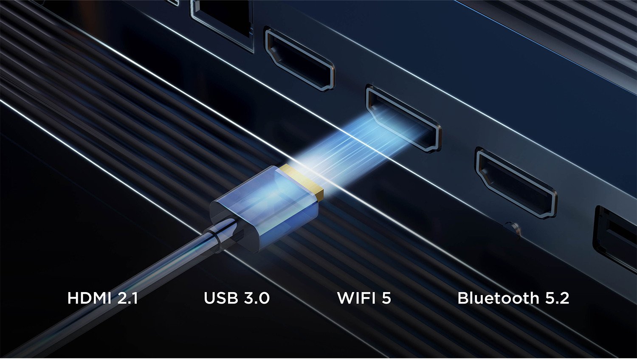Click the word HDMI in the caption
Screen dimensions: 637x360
pyautogui.click(x=89, y=298)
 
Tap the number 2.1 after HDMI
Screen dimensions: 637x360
pyautogui.click(x=127, y=298)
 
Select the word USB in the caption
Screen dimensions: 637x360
pyautogui.click(x=220, y=298)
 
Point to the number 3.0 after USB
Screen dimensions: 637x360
pyautogui.click(x=255, y=298)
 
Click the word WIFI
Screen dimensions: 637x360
pyautogui.click(x=356, y=298)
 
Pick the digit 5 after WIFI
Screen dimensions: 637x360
pyautogui.click(x=386, y=298)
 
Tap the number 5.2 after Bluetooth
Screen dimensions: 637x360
pyautogui.click(x=557, y=298)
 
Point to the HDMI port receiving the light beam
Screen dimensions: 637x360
pyautogui.click(x=404, y=119)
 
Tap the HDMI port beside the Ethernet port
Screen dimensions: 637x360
pyautogui.click(x=299, y=59)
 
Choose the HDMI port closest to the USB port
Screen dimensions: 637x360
pyautogui.click(x=516, y=183)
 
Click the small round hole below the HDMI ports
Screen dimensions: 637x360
pyautogui.click(x=514, y=228)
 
